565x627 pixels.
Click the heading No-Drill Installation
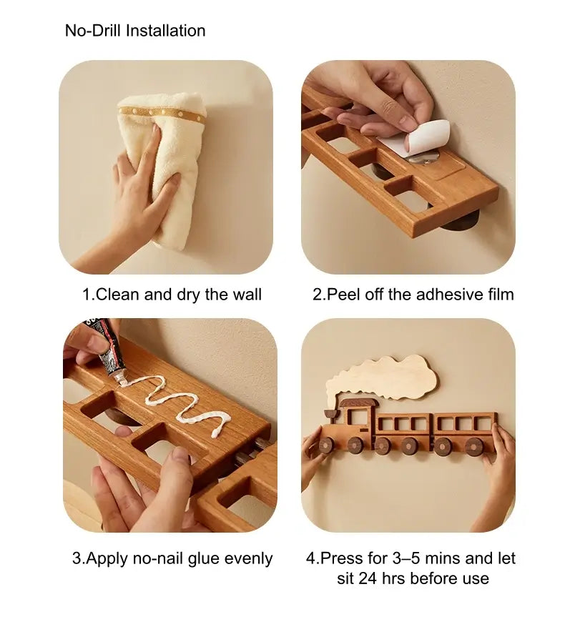click(135, 31)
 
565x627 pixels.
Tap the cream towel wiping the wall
click(161, 179)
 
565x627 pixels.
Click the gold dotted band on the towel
click(162, 114)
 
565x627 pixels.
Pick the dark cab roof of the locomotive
click(358, 403)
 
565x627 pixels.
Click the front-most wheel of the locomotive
click(327, 445)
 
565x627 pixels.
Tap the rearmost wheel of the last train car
click(474, 446)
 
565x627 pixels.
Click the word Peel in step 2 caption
click(343, 295)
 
